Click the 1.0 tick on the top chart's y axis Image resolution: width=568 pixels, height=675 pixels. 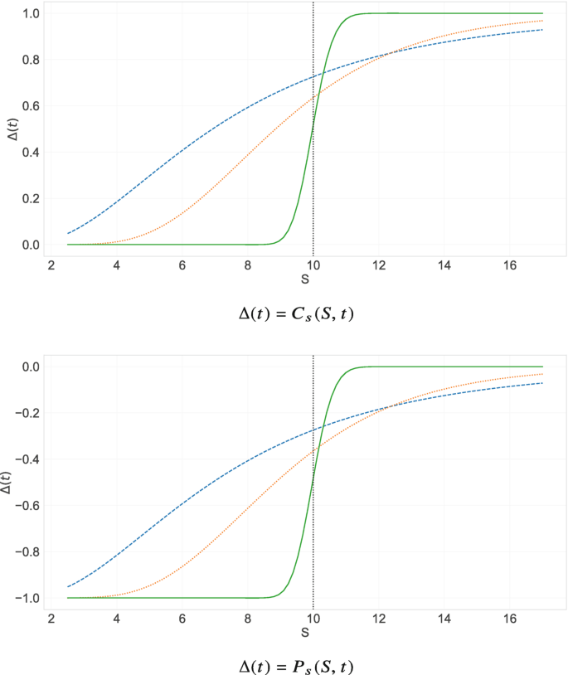point(30,13)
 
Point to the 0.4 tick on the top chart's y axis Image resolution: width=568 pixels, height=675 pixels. point(30,153)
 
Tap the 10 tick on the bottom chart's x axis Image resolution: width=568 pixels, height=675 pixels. point(313,619)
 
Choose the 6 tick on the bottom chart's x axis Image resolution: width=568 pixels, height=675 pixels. point(182,619)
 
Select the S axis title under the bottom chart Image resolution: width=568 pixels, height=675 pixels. point(305,633)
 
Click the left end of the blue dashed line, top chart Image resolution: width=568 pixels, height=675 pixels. point(68,234)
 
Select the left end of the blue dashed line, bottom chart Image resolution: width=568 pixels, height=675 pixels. point(68,587)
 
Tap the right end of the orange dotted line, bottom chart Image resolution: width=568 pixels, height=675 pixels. point(542,374)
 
